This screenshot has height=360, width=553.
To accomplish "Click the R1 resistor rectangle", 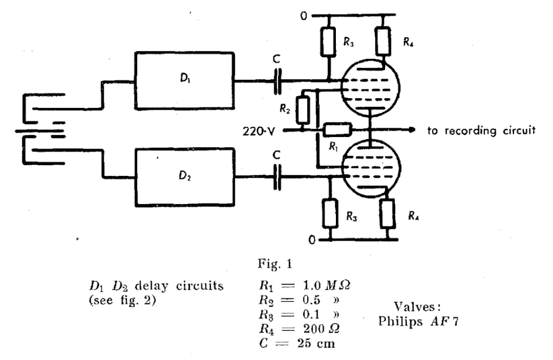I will click(x=338, y=130).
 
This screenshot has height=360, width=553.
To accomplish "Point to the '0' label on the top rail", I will click(x=304, y=16).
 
